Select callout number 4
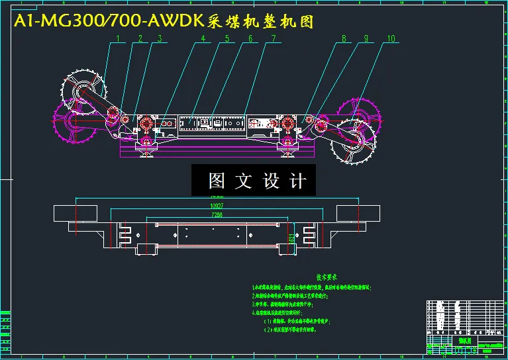(203, 39)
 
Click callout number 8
(344, 39)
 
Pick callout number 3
(160, 39)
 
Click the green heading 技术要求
(327, 277)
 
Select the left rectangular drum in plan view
(76, 213)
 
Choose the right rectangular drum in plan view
(358, 213)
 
